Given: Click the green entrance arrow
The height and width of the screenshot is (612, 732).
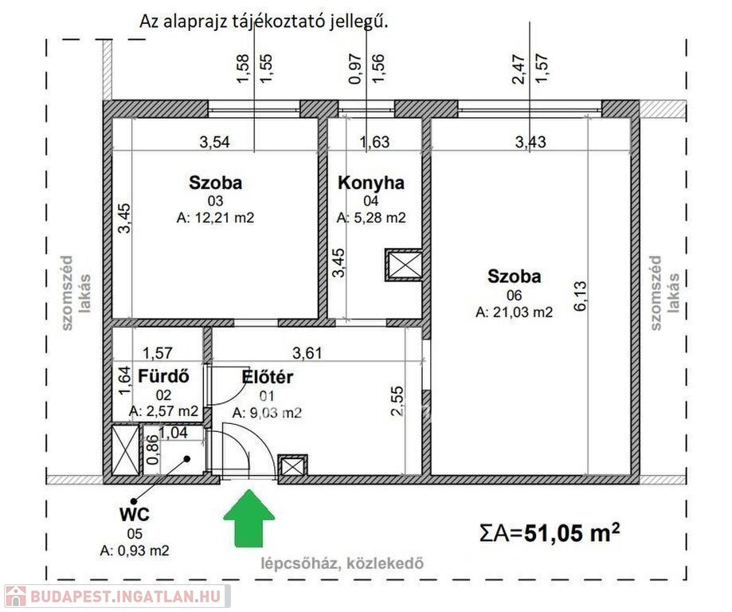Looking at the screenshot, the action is tap(249, 518).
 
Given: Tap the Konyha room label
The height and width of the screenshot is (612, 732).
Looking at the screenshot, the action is tap(371, 182).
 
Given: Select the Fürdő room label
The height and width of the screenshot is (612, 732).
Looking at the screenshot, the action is tap(163, 377).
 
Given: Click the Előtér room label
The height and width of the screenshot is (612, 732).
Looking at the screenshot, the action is tap(268, 377).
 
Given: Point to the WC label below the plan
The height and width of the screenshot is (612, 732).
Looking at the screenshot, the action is tap(135, 514).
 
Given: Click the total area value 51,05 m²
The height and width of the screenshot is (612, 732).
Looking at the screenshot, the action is tap(573, 532).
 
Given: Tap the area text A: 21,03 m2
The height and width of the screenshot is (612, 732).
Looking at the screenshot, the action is tap(514, 312).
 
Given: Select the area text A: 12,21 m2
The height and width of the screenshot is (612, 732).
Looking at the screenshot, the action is tap(215, 218).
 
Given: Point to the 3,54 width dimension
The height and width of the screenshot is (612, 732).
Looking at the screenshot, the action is tap(215, 142).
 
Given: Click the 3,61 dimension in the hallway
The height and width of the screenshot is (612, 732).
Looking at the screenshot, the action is tap(307, 353).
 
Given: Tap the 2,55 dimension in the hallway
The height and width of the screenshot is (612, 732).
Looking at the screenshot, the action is tap(397, 400).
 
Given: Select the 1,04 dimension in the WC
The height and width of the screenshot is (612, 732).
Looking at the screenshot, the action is tap(173, 433).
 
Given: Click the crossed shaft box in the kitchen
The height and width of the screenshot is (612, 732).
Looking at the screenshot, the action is tap(404, 266).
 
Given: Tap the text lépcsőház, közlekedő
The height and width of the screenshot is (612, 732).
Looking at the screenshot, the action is tap(343, 563).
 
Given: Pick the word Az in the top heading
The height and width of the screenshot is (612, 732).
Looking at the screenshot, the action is tap(148, 22).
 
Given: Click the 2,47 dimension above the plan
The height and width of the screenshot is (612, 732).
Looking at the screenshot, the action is tap(519, 69).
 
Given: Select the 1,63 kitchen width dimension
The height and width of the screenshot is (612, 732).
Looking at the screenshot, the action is tap(374, 142).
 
